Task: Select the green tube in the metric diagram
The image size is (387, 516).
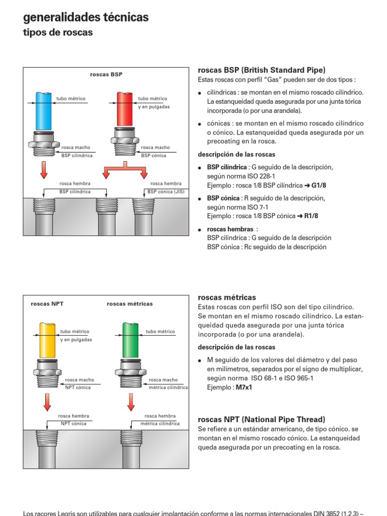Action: coord(130,339)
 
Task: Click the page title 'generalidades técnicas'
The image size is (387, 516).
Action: coord(86,18)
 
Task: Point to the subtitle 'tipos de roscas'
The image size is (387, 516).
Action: coord(58,33)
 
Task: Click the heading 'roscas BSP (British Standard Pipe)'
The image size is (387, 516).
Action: coord(262,70)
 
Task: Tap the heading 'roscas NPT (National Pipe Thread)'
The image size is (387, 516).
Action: coord(262,419)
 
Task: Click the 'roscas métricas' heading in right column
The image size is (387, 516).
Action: coord(227,297)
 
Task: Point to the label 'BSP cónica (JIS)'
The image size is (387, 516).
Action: coord(166,191)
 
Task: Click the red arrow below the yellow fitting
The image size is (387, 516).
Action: coord(46,402)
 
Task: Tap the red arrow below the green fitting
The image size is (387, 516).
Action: coord(130,402)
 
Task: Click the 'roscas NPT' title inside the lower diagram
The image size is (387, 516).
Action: coord(47,304)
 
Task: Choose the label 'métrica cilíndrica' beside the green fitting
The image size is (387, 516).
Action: coord(168,388)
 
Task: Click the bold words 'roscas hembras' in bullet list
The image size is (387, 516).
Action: coord(230,229)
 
